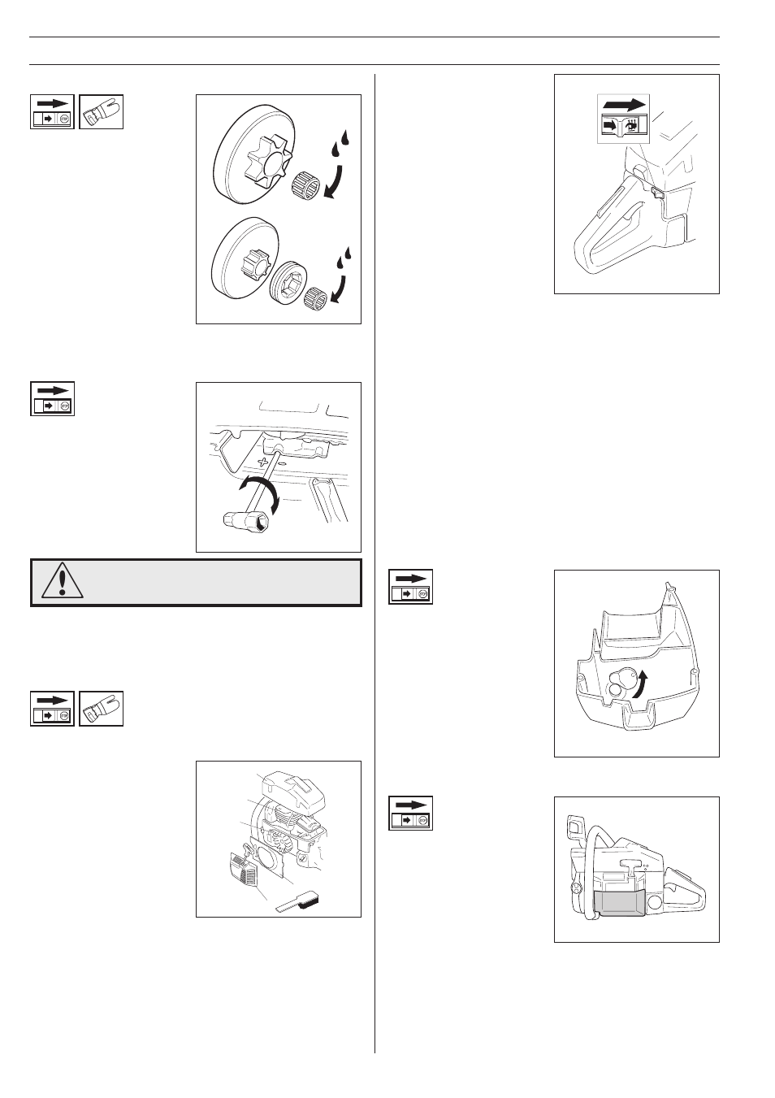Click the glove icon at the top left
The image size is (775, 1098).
coord(102,111)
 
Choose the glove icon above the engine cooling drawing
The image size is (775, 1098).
coord(102,708)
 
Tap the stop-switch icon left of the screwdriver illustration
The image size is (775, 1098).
coord(52,398)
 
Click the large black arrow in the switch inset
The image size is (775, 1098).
coord(624,105)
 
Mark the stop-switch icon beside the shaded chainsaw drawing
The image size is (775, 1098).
coord(410,813)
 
